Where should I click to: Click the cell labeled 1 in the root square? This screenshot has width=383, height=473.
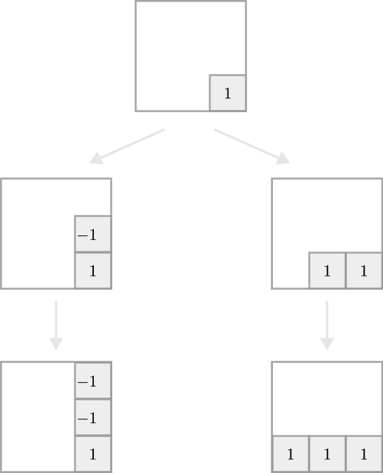click(227, 93)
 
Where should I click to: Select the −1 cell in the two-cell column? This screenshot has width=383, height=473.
click(92, 235)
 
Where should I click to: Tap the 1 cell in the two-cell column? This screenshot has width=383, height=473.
click(92, 271)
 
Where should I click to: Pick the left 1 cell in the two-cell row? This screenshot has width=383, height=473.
click(327, 271)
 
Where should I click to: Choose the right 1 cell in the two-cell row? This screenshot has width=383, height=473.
click(363, 271)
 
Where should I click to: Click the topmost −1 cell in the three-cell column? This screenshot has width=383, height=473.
click(92, 381)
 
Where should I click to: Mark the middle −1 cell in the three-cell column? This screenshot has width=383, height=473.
click(92, 417)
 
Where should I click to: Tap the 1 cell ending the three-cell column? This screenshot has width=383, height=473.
click(92, 454)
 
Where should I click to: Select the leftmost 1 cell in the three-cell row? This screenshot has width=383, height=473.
click(291, 454)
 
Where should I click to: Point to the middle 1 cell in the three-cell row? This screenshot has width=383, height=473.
click(327, 454)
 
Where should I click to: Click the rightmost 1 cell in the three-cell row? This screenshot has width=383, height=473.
click(363, 454)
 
